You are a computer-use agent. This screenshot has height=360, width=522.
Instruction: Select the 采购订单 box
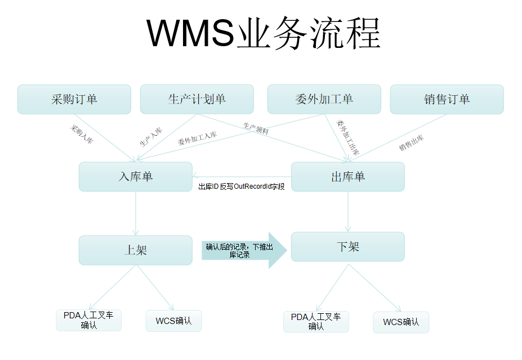coord(74,99)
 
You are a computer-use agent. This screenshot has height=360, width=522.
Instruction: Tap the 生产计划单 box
coord(197,99)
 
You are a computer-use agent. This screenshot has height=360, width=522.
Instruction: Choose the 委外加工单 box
coord(324,99)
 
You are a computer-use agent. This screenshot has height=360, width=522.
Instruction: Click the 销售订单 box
coord(447,99)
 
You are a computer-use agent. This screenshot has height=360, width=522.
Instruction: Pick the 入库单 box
coord(136,176)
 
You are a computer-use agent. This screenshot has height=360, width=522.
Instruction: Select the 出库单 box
coord(348,176)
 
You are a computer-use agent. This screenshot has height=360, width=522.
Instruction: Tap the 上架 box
coord(136,250)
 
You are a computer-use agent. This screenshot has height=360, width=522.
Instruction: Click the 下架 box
coord(348,247)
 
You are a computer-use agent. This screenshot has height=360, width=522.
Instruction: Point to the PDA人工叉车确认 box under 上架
coord(88,320)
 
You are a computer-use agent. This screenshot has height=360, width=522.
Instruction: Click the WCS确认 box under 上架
coord(173,321)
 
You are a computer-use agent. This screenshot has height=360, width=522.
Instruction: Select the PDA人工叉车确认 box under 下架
coord(316,321)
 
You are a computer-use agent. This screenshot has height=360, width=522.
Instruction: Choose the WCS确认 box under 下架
coord(401,322)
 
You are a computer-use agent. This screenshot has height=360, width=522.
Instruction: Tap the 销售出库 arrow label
coord(412,143)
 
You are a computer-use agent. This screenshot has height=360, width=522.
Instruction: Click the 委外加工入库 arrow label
coord(197,139)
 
